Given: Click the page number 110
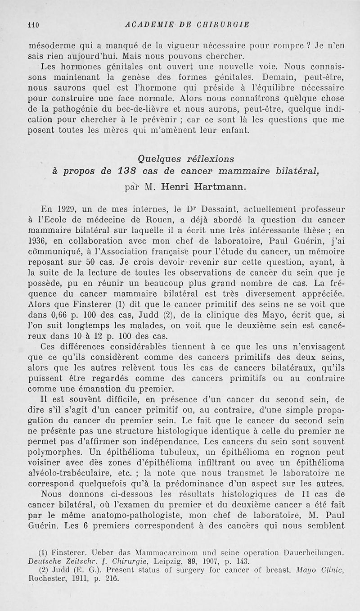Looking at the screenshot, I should click(34, 24).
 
